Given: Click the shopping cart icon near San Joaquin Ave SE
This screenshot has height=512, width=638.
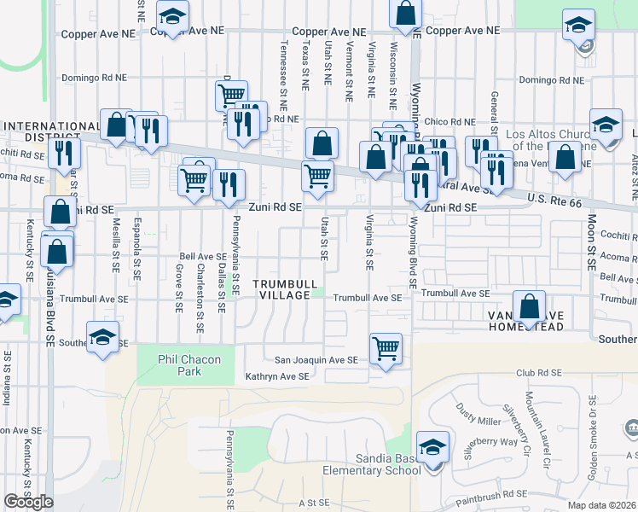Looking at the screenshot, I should [386, 348].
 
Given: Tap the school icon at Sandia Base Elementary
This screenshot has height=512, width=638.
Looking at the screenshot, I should [432, 448].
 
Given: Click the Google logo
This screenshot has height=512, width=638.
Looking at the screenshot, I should [28, 502].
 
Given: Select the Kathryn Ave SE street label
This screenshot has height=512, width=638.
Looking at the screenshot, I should [276, 376].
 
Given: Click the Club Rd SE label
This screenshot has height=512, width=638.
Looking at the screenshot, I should [536, 373].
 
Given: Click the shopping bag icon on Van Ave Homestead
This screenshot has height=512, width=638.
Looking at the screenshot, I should [530, 307].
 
